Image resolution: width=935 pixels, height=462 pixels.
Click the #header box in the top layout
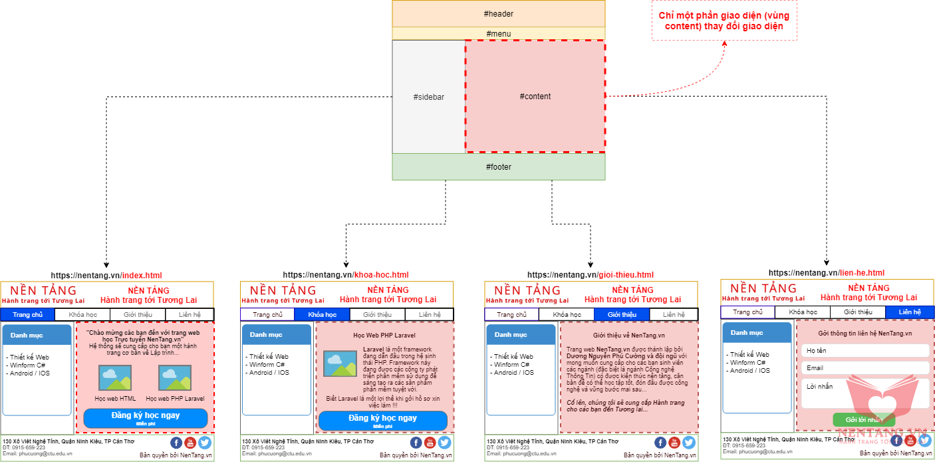point(498,13)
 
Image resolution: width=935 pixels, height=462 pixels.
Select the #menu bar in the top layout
point(498,33)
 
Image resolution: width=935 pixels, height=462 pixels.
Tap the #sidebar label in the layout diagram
point(428,97)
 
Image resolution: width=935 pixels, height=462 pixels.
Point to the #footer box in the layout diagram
point(498,166)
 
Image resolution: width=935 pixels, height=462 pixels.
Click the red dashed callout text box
point(724,21)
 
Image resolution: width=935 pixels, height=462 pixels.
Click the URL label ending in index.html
point(106,275)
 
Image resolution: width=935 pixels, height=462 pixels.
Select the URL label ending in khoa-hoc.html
point(346,275)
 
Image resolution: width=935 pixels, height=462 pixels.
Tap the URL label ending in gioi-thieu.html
point(591,275)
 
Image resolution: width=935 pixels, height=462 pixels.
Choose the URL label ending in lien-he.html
point(827,273)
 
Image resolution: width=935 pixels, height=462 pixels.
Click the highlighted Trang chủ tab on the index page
point(27,314)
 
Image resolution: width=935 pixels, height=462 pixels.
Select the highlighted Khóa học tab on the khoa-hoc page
point(322,314)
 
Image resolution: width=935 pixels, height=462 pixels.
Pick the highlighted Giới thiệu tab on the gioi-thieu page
point(621,314)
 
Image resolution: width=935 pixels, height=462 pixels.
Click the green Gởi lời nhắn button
point(864,419)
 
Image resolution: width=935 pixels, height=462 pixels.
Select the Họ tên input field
point(865,351)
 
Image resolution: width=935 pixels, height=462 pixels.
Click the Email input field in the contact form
point(865,368)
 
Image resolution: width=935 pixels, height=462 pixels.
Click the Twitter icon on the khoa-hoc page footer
point(444,442)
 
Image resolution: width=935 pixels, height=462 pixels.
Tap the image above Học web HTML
point(115,378)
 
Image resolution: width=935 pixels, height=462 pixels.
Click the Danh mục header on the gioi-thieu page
point(521,335)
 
